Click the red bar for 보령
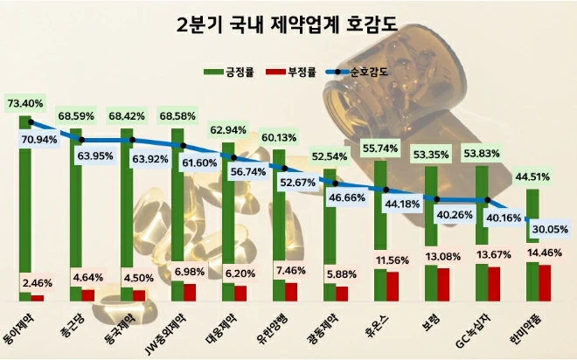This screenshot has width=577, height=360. click(x=442, y=280)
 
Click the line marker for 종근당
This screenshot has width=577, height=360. click(x=82, y=140)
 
